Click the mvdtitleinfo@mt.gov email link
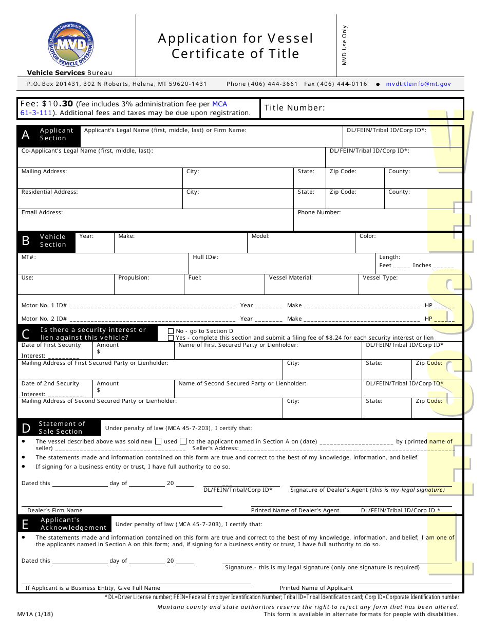[x=418, y=84]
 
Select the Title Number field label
[x=294, y=108]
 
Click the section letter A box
[x=26, y=135]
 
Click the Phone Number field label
[x=319, y=212]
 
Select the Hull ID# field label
[x=205, y=257]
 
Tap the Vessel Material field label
[x=291, y=277]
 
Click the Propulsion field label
[x=134, y=277]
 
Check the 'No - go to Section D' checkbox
[x=171, y=331]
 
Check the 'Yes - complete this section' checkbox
[x=171, y=338]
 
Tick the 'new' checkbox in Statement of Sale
[x=158, y=441]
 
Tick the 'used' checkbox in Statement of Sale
[x=183, y=441]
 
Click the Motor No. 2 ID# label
[x=44, y=319]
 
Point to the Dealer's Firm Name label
[x=55, y=510]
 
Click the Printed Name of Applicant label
[x=316, y=588]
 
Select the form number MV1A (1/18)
[x=35, y=614]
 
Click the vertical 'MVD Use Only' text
[x=345, y=45]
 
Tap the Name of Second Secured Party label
[x=242, y=383]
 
